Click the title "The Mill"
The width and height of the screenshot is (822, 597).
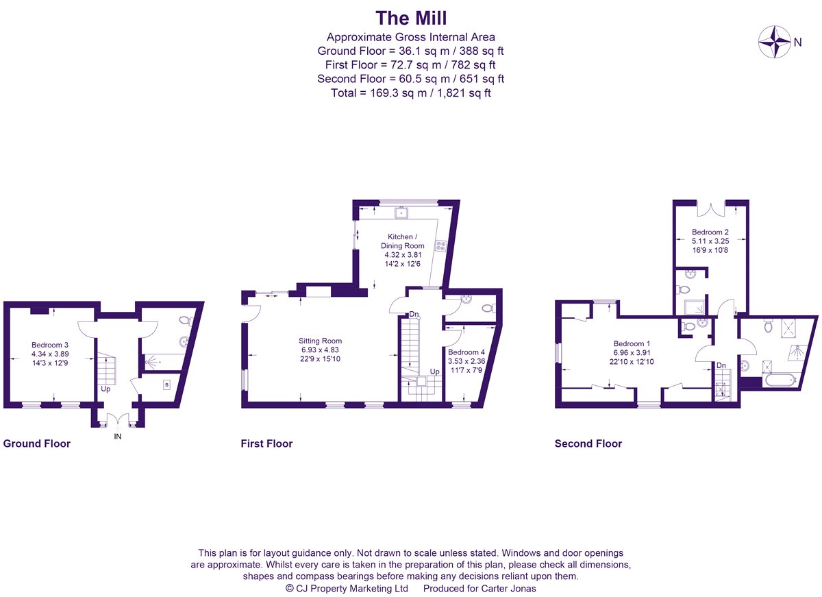411,16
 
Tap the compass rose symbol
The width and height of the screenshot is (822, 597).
774,41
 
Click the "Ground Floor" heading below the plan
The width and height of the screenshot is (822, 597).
37,443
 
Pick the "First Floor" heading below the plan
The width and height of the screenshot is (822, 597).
266,443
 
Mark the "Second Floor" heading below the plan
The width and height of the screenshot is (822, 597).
588,443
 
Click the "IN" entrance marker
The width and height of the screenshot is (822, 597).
117,436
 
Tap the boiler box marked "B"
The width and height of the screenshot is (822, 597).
166,385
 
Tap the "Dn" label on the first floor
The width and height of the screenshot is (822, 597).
414,314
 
